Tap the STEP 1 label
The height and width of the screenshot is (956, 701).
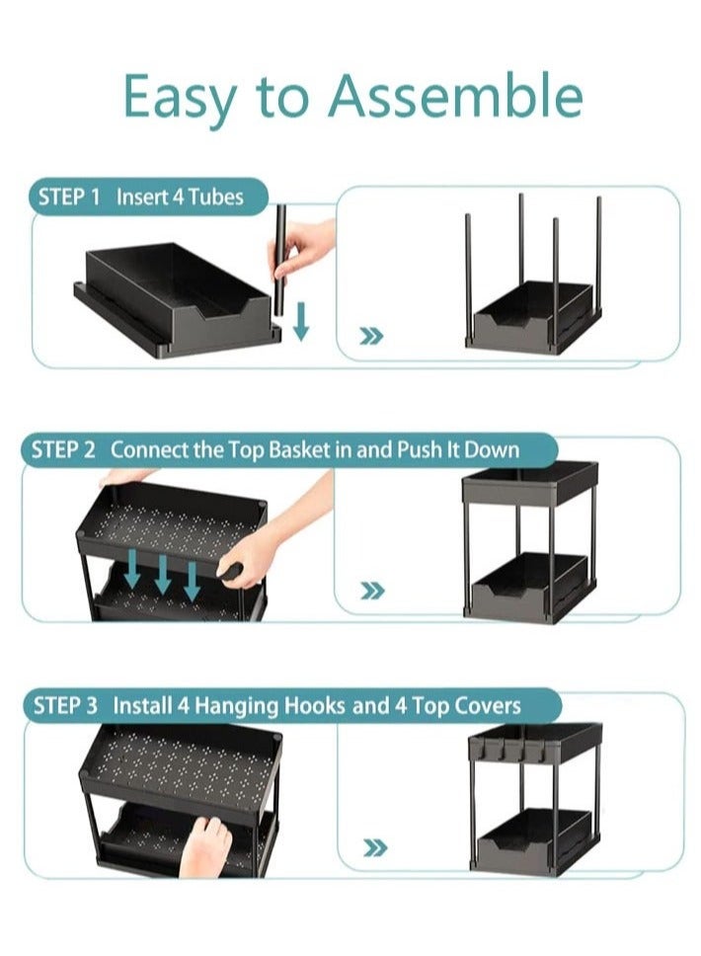(x=69, y=197)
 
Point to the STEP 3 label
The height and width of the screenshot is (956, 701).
(x=66, y=706)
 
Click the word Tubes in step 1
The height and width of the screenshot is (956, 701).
(x=215, y=197)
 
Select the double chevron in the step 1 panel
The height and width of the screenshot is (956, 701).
(x=371, y=337)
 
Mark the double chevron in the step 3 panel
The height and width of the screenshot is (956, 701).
(x=374, y=847)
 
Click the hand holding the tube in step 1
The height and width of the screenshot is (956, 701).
(x=305, y=247)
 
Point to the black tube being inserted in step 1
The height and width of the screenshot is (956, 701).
(x=279, y=261)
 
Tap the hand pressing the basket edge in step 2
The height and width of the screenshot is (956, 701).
(x=267, y=549)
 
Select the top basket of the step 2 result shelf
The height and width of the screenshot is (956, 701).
(x=529, y=484)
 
